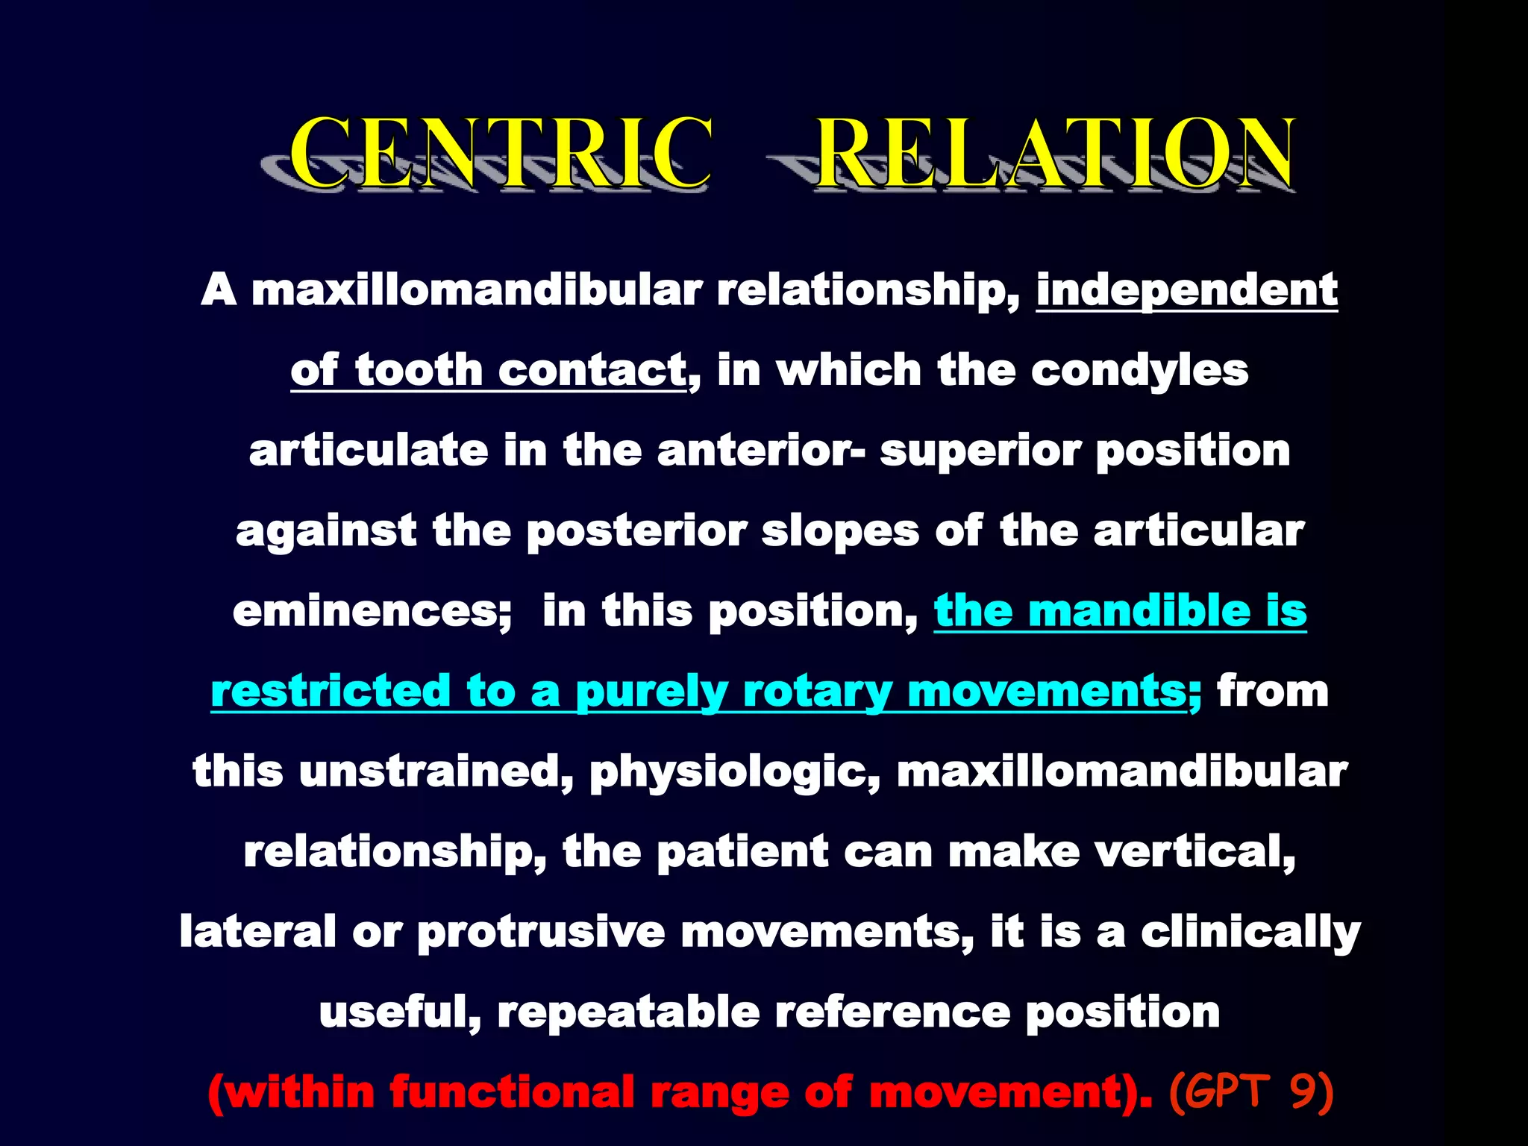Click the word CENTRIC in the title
(x=500, y=153)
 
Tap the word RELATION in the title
(x=1055, y=153)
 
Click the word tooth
(x=419, y=370)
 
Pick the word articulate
(x=368, y=451)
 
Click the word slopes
(x=840, y=531)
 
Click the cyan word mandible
(x=1139, y=611)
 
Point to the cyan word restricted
(x=331, y=691)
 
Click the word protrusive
(x=541, y=932)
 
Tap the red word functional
(x=512, y=1092)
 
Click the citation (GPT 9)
(x=1250, y=1092)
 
